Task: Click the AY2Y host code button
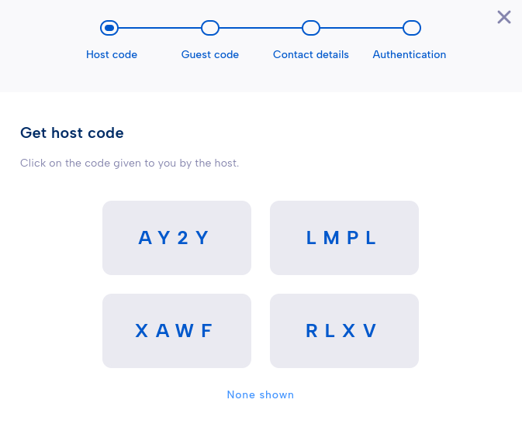[177, 238]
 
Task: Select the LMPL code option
[344, 238]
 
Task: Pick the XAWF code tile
[177, 331]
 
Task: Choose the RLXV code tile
[344, 331]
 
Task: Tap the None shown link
[261, 394]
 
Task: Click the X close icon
[504, 17]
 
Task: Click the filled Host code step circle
[109, 28]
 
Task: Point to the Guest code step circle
[210, 28]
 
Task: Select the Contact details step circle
[311, 28]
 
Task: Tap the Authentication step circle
[412, 28]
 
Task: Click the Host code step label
[112, 54]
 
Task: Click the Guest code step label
[210, 54]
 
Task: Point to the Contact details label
[311, 54]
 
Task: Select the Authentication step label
[410, 54]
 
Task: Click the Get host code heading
[72, 133]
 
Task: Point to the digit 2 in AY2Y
[183, 238]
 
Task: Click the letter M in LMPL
[331, 238]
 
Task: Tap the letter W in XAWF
[185, 331]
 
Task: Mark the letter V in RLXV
[370, 331]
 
